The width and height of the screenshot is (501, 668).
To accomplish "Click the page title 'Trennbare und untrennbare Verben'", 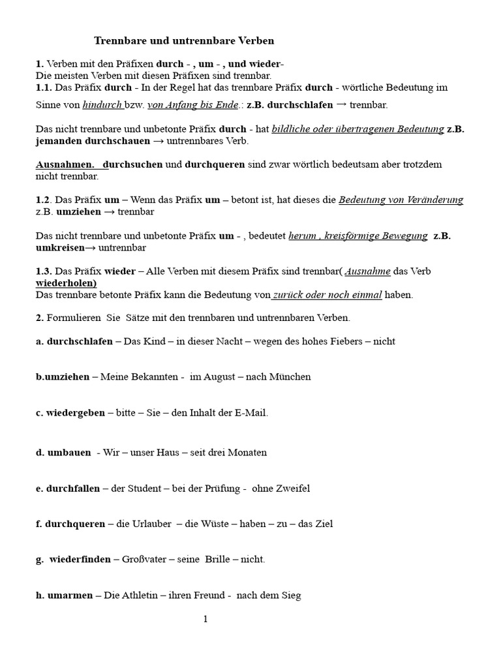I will click(x=184, y=40).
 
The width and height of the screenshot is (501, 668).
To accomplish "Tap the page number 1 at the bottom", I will click(x=205, y=619).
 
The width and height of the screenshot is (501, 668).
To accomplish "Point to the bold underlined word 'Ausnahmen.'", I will click(x=65, y=164).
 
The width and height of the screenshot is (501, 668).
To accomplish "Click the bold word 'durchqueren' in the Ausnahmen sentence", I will click(x=215, y=164).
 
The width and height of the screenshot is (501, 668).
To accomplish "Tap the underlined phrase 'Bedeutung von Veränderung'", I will click(x=401, y=200).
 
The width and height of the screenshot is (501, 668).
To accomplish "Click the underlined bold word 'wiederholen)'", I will click(x=67, y=283).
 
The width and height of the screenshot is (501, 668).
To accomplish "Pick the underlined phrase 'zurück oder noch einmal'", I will click(x=327, y=295).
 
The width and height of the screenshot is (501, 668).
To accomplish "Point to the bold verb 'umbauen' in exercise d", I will click(x=69, y=452).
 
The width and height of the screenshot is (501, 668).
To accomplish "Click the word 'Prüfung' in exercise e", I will click(x=213, y=488).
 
